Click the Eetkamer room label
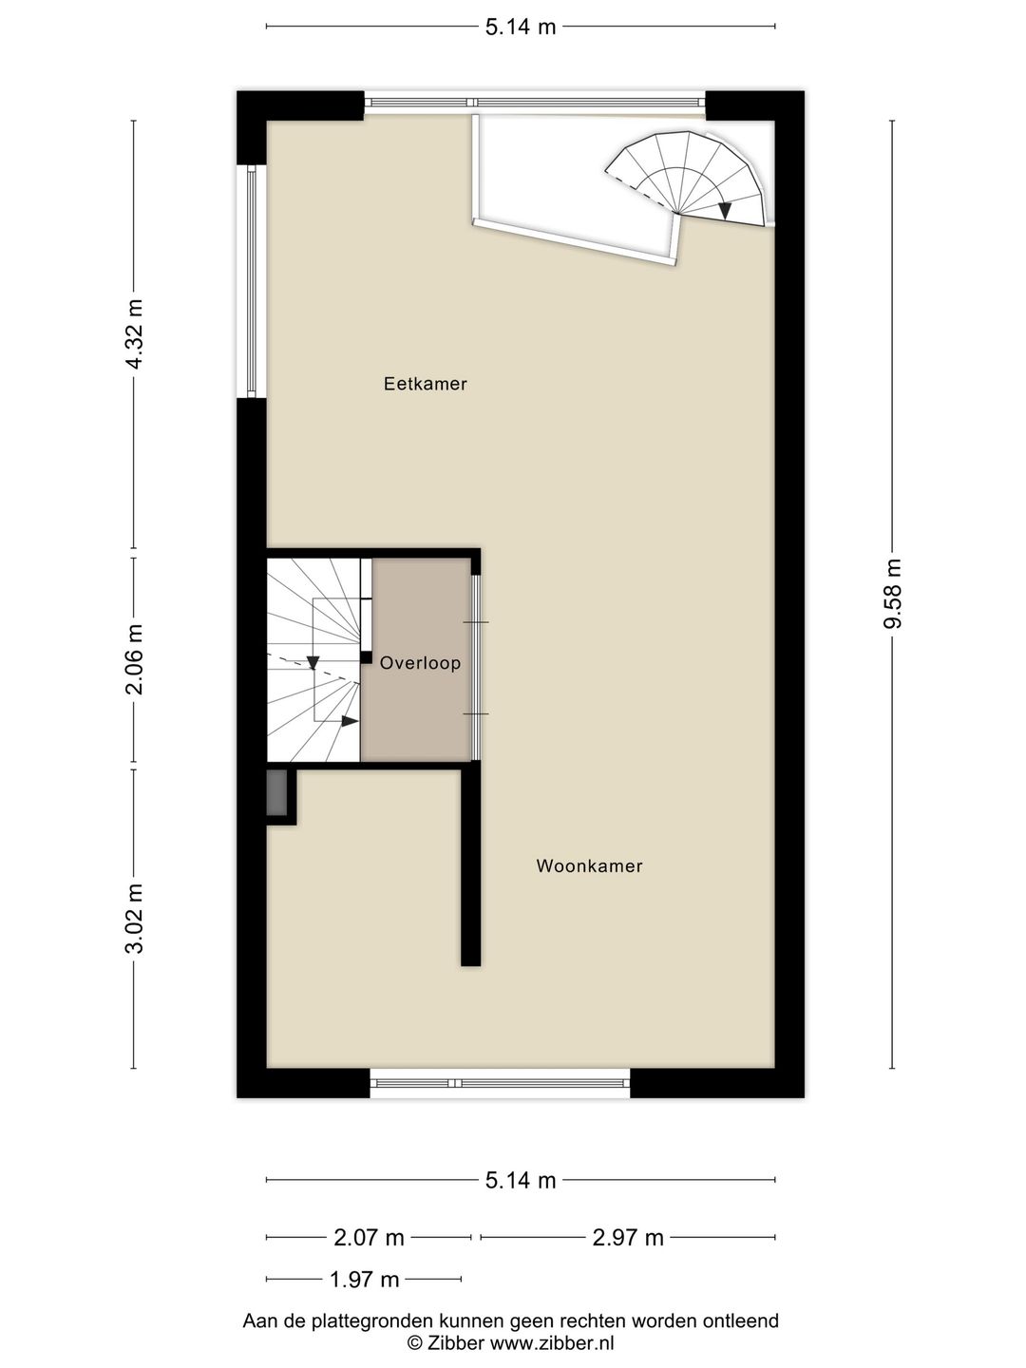[425, 384]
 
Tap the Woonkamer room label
[589, 865]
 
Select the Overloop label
[420, 663]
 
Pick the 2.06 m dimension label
[134, 658]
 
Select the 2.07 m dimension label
[369, 1237]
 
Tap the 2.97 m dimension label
[627, 1237]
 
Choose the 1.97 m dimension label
[364, 1280]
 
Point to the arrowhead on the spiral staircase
[725, 211]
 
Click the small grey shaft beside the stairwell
[276, 791]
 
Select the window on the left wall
[252, 281]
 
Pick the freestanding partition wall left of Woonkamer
[470, 866]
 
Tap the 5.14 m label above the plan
[521, 27]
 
